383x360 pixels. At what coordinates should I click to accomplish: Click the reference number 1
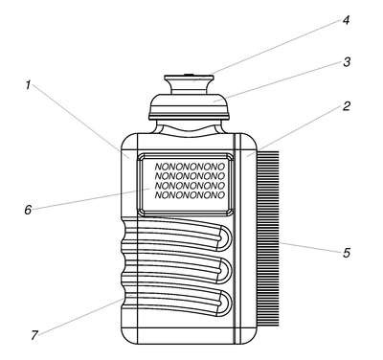click(28, 85)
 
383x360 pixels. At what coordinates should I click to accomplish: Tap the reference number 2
click(347, 106)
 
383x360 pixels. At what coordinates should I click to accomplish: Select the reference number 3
click(347, 62)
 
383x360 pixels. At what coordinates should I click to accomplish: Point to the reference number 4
click(346, 20)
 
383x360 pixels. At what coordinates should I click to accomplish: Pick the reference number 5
click(347, 253)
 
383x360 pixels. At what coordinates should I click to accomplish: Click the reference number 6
click(28, 210)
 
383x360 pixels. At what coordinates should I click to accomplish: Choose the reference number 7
click(34, 335)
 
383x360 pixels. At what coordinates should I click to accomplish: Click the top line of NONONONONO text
click(190, 167)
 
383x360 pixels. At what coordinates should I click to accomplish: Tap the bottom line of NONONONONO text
click(190, 195)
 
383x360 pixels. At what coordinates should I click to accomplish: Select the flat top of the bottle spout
click(189, 78)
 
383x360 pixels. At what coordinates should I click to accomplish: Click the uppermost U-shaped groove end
click(225, 237)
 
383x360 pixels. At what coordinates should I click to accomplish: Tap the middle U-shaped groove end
click(225, 271)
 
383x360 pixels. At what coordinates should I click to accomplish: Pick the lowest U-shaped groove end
click(225, 304)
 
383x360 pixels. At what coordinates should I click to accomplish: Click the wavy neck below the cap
click(190, 128)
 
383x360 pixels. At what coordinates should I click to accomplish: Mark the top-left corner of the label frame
click(138, 153)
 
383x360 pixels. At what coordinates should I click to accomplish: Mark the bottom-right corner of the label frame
click(233, 215)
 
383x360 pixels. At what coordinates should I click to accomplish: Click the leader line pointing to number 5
click(309, 248)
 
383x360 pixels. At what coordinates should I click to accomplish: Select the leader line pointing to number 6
click(91, 199)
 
